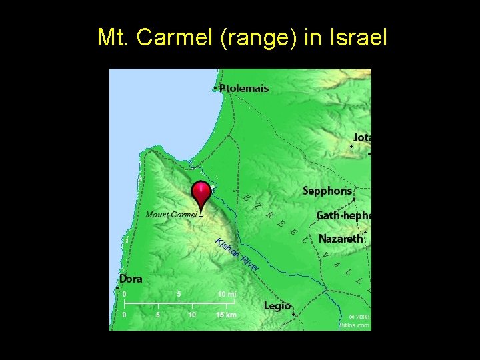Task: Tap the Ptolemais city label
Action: point(244,88)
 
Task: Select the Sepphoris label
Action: point(327,191)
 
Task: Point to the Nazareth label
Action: point(341,238)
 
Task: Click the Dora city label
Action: point(131,279)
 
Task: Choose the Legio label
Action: point(277,305)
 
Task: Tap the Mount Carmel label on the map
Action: point(171,215)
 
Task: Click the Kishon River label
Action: point(237,254)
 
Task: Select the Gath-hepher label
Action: point(343,215)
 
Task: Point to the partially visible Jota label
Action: point(362,137)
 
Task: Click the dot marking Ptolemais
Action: point(215,88)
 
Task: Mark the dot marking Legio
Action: point(293,314)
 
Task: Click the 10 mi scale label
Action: point(227,294)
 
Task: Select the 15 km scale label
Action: point(227,315)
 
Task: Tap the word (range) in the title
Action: point(264,38)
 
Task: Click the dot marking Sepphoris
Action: point(354,199)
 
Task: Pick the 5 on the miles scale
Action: point(179,294)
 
